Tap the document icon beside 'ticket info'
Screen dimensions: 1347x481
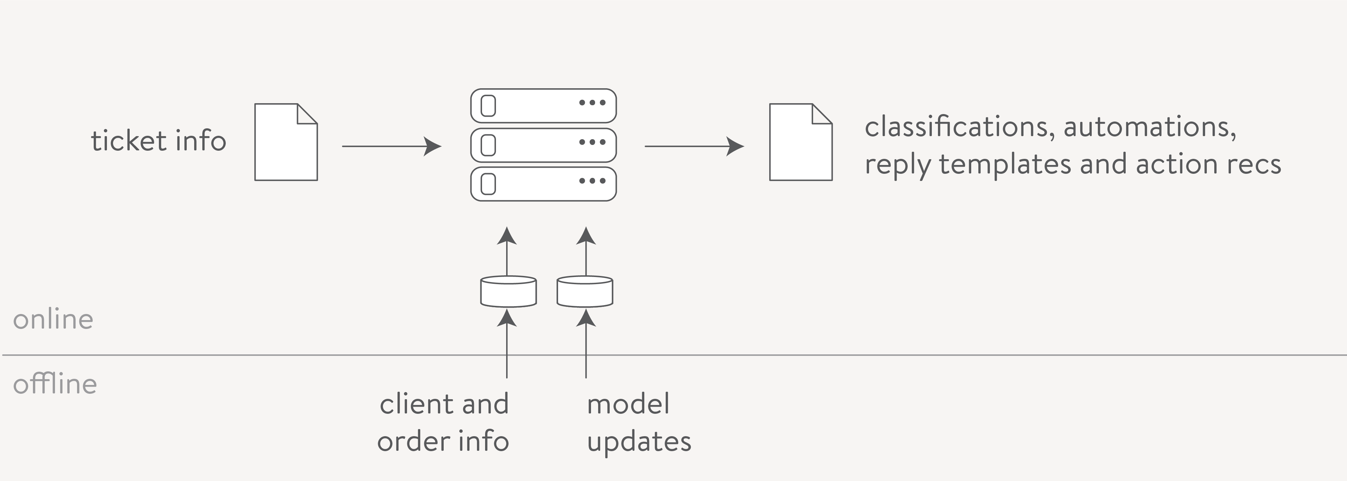tap(286, 142)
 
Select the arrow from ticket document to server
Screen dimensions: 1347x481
tap(392, 146)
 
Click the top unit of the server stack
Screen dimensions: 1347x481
tap(543, 106)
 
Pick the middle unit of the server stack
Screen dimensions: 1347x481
tap(543, 145)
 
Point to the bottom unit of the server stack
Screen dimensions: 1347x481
tap(543, 184)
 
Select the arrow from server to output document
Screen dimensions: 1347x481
tap(695, 146)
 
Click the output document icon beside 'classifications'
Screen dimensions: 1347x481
tap(800, 142)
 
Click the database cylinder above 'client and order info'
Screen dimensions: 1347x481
tap(508, 291)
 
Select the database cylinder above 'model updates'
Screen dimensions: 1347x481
tap(585, 291)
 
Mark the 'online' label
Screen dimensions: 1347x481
tap(53, 319)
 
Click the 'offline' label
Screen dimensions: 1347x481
tap(55, 384)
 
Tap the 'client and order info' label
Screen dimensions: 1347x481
tap(443, 422)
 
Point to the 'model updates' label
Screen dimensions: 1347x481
tap(639, 422)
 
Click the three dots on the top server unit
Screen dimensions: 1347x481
tap(592, 103)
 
